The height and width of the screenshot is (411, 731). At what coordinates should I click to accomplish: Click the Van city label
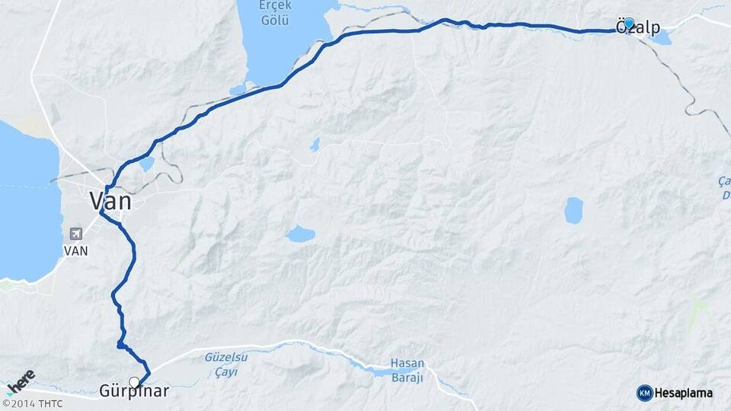click(x=110, y=201)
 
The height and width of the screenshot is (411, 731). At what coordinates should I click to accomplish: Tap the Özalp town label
click(x=638, y=28)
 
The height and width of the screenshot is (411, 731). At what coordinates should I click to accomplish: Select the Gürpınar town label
click(x=134, y=392)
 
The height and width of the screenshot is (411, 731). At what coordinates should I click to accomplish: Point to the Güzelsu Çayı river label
click(x=222, y=364)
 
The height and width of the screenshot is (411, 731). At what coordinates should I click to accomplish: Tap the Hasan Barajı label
click(x=407, y=370)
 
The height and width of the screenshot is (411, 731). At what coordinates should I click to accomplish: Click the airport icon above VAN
click(x=75, y=234)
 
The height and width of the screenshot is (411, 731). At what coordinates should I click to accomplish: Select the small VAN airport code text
click(x=75, y=250)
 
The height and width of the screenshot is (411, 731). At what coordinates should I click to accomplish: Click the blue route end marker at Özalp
click(x=629, y=24)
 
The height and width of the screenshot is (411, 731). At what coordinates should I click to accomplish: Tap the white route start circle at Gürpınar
click(x=134, y=381)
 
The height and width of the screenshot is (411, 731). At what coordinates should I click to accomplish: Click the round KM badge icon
click(x=644, y=393)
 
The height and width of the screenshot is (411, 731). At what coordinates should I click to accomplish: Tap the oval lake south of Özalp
click(x=573, y=211)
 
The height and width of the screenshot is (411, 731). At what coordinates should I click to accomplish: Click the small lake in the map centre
click(x=301, y=234)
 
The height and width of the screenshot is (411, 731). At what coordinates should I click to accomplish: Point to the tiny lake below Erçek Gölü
click(x=314, y=145)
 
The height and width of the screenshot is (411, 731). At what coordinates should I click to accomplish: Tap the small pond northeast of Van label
click(x=147, y=163)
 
